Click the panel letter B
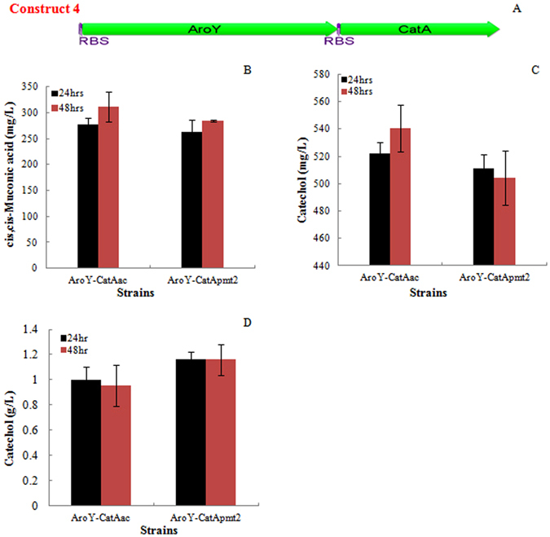[247, 70]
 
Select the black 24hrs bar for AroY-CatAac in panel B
[87, 196]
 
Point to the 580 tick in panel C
[323, 74]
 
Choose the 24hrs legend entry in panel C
[359, 80]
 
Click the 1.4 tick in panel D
[37, 329]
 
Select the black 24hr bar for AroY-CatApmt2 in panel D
[189, 432]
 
